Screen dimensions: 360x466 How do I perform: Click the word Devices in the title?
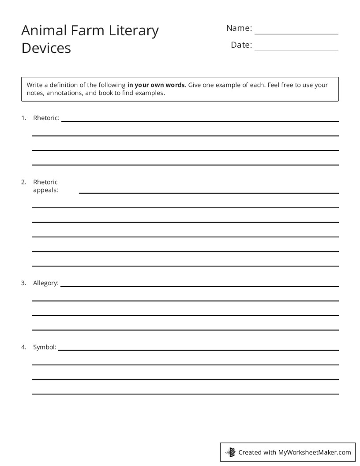point(46,48)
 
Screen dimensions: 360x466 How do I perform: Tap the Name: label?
point(239,28)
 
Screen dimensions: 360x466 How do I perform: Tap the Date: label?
point(241,45)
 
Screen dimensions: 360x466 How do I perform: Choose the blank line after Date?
point(296,50)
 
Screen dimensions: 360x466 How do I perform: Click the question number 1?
point(23,118)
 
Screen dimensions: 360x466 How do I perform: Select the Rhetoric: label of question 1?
point(46,118)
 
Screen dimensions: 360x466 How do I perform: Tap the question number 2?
point(23,182)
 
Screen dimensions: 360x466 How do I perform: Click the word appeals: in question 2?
point(45,191)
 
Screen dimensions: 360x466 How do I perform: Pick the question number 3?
point(23,283)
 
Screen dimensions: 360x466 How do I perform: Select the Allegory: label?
point(46,283)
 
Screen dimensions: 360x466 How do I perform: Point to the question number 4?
point(23,347)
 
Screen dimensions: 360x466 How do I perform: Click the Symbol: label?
point(45,347)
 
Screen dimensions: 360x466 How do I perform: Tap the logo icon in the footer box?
point(230,452)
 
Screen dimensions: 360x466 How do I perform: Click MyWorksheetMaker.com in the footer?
point(314,452)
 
